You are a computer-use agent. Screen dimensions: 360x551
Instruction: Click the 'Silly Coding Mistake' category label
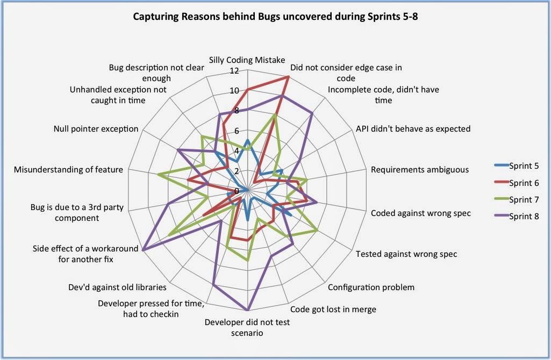247,60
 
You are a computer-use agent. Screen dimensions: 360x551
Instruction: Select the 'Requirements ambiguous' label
420,170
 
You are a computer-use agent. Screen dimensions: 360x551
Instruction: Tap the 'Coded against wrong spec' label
420,213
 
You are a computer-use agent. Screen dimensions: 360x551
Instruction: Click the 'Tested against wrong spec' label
406,254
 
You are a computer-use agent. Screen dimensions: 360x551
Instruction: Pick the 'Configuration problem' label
371,287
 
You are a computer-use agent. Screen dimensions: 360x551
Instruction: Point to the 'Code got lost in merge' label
333,309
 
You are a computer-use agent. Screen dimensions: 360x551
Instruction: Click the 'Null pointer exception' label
96,129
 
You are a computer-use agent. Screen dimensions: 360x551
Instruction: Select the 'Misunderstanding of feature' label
69,170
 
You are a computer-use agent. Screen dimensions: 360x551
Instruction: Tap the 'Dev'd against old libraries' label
118,287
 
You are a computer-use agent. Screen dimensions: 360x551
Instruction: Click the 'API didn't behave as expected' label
413,129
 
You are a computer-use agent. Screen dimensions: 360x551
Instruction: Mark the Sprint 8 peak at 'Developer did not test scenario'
248,310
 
